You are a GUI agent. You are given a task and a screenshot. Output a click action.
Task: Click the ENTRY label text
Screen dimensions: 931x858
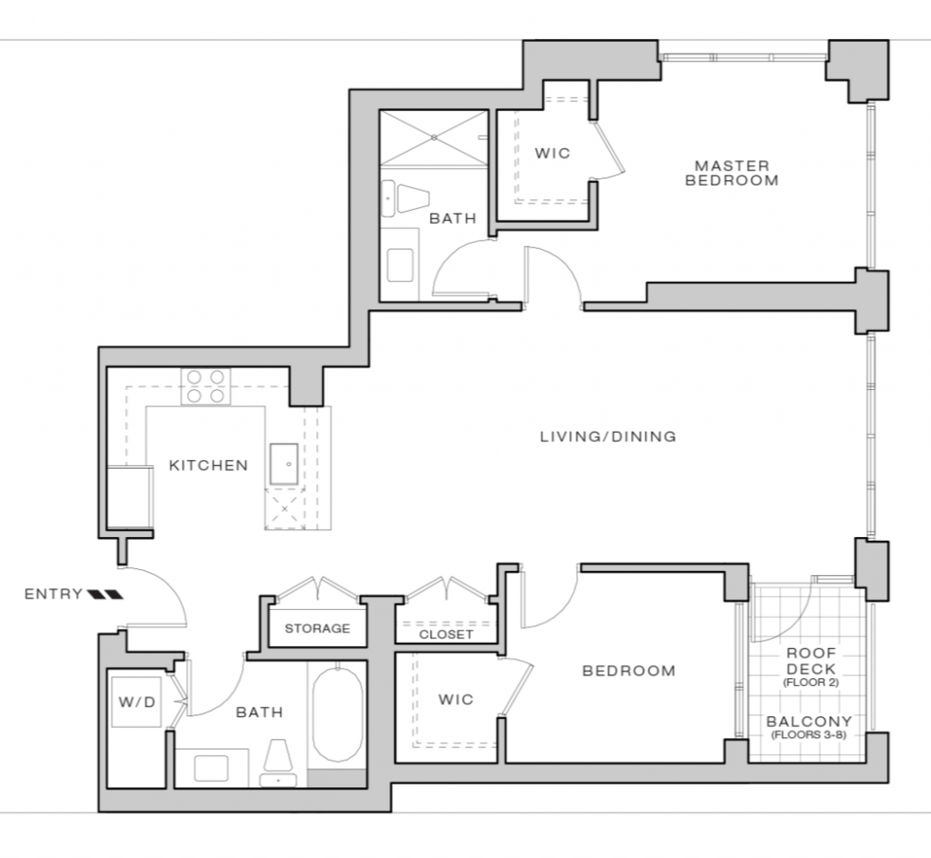point(54,594)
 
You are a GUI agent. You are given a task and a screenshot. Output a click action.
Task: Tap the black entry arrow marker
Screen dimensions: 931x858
point(105,594)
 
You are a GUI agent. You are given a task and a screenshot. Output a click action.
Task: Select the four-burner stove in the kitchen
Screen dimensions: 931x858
point(205,386)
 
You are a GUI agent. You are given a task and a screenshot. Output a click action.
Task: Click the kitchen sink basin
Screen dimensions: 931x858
point(284,464)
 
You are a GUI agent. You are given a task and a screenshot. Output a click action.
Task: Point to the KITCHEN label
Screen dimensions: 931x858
point(208,465)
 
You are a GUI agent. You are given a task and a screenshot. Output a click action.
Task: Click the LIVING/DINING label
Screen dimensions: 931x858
point(608,436)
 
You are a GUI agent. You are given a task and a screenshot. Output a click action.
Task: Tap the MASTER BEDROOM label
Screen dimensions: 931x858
point(732,173)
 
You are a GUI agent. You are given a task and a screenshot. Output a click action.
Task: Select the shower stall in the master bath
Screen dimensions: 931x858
point(434,137)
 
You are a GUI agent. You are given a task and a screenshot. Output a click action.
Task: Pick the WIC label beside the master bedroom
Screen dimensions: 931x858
point(552,153)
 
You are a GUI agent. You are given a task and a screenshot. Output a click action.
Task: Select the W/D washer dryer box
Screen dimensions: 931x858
point(136,702)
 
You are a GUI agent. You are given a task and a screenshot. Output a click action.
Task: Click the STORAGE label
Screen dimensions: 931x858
point(317,628)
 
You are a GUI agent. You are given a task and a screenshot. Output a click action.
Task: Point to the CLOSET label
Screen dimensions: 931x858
point(445,634)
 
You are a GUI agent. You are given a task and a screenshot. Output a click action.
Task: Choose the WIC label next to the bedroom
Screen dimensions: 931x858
point(456,700)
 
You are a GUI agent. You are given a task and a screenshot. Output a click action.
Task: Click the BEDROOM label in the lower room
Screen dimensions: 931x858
point(629,671)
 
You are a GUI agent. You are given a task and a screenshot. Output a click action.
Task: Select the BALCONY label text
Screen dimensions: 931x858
point(809,722)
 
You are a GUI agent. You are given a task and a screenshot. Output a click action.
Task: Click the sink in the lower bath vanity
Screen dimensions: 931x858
point(211,768)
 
